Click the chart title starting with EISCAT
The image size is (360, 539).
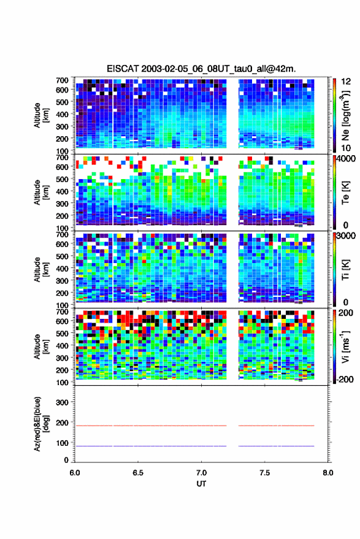coord(201,69)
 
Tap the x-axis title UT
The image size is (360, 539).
coord(201,484)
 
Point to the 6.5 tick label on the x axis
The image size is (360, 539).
coord(138,473)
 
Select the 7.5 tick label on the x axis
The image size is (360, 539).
coord(264,473)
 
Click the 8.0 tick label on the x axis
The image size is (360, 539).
coord(327,473)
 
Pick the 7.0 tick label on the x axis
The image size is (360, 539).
coord(201,473)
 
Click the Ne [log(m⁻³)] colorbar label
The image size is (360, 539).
coord(345,115)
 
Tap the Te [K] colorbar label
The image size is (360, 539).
coord(345,193)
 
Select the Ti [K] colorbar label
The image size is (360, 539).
coord(345,270)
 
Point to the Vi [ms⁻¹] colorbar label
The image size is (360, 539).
coord(345,346)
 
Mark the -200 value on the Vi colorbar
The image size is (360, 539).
coord(345,379)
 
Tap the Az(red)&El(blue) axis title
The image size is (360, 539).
coord(41,424)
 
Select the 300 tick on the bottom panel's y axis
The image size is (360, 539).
coord(62,402)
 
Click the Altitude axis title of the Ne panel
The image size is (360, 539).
coord(41,115)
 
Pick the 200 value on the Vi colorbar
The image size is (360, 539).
coord(346,313)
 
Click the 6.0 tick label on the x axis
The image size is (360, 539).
coord(75,473)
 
